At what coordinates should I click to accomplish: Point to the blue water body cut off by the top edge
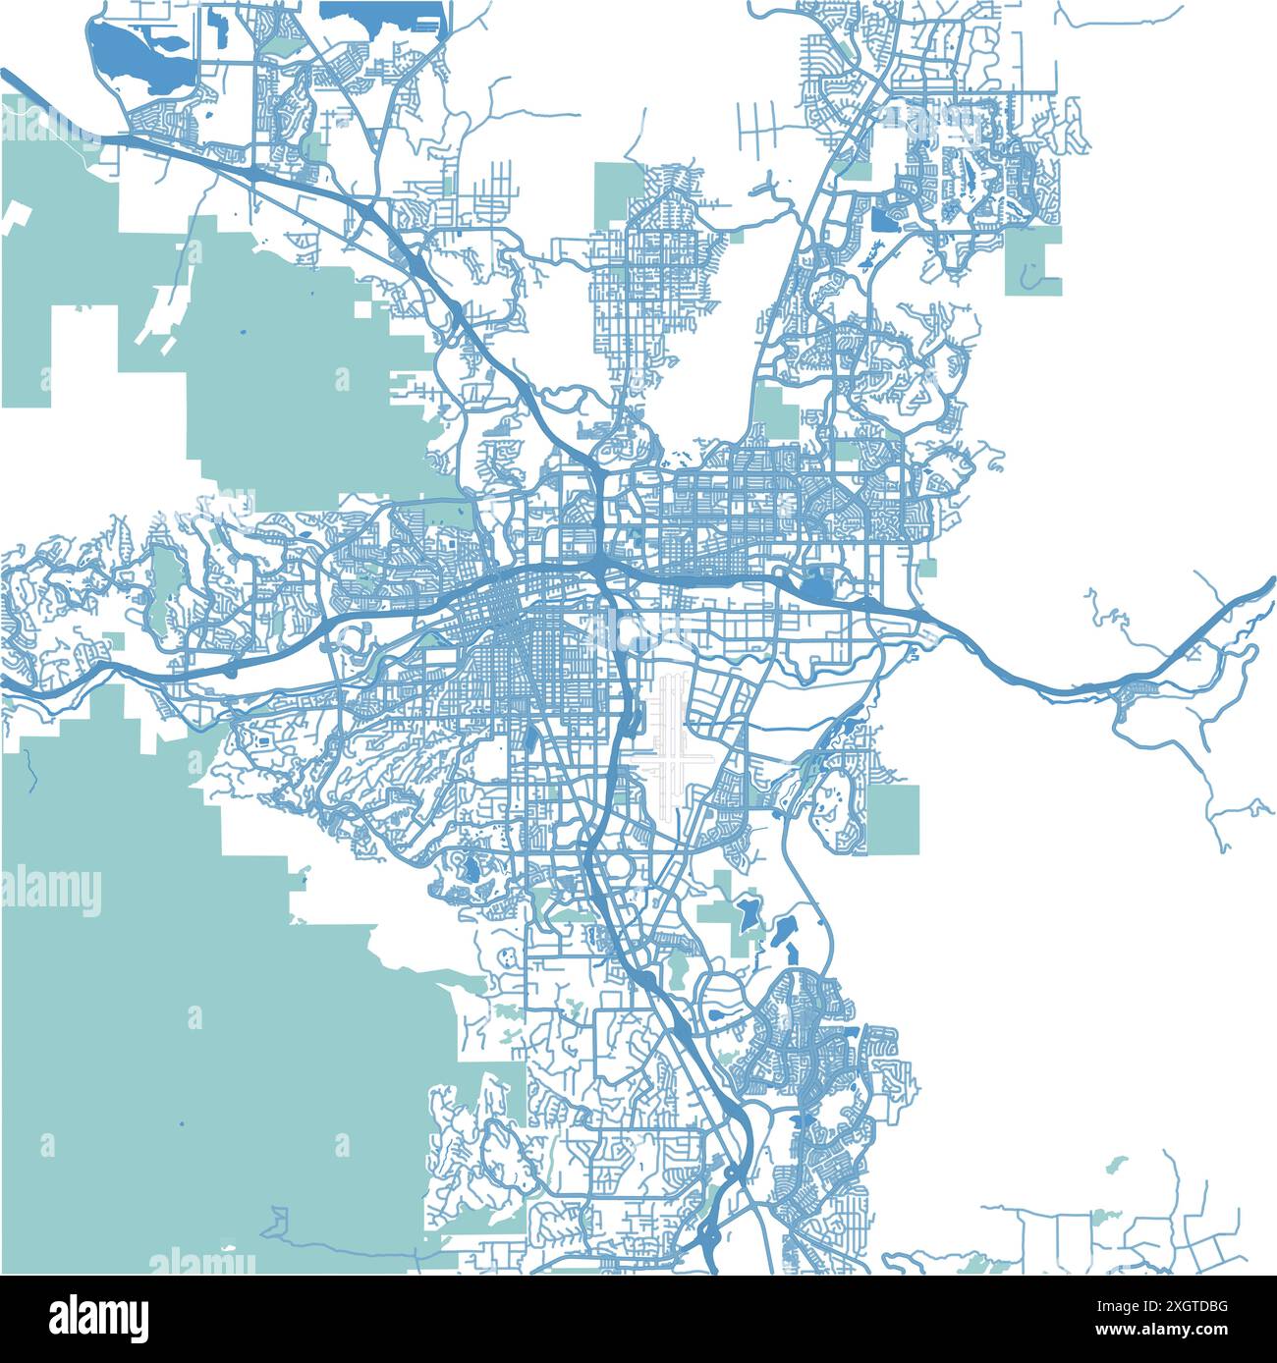point(383,12)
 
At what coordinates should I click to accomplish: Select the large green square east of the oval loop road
point(894,818)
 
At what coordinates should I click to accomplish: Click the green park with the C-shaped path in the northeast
point(1033,261)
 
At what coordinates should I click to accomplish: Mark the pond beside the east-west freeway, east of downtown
point(815,589)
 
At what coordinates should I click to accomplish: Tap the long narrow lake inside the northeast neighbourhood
point(972,177)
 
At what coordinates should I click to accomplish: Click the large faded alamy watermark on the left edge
point(51,892)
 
